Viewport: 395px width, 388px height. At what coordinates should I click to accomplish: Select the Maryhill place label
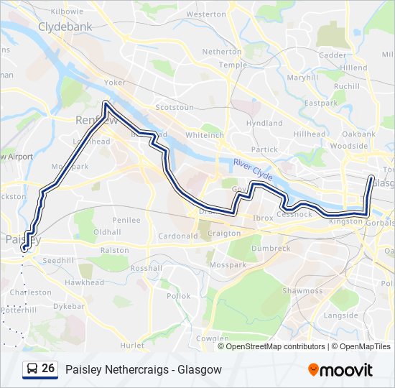(302, 77)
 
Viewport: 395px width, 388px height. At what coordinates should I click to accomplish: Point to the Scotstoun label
(175, 107)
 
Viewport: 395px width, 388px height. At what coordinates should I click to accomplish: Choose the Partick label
(265, 149)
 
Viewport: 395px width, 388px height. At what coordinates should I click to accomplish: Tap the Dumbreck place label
(270, 248)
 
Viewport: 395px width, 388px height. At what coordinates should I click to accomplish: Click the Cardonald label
(177, 236)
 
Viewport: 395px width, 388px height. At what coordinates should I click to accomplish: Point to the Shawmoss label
(302, 291)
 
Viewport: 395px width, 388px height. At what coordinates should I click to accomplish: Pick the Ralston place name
(114, 250)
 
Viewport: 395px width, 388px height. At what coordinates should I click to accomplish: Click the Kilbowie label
(68, 12)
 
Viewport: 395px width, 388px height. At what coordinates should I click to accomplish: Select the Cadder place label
(332, 55)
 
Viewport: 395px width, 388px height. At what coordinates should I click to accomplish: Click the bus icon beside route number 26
(32, 369)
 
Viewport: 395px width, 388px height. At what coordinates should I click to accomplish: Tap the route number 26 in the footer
(48, 369)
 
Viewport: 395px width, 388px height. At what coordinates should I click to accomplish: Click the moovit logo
(340, 369)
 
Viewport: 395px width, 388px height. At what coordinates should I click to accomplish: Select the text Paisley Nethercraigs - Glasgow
(144, 369)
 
